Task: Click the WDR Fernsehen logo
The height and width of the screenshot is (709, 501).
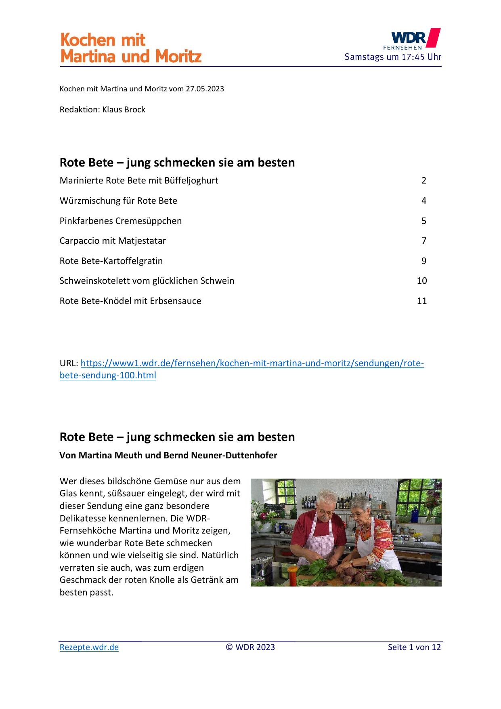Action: (411, 39)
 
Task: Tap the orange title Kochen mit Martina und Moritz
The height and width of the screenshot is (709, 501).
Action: (130, 48)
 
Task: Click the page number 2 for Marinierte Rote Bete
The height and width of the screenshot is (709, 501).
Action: (423, 181)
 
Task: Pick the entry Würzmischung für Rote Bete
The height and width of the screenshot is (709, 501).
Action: (118, 201)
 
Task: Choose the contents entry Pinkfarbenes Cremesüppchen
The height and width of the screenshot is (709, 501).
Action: (121, 221)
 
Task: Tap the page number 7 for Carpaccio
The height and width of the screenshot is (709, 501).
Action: (423, 241)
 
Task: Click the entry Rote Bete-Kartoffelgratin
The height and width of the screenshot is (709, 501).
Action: (111, 261)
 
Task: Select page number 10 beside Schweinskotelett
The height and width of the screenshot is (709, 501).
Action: (421, 281)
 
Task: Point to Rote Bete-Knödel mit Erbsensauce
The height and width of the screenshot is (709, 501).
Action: (130, 301)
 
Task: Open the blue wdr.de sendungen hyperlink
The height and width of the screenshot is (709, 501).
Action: (252, 363)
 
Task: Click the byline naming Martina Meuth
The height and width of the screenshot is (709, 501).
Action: (168, 455)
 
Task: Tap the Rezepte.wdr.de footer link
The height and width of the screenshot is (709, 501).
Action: (89, 647)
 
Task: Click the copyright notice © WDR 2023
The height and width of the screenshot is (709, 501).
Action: (250, 647)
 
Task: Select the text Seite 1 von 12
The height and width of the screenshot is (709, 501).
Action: (414, 647)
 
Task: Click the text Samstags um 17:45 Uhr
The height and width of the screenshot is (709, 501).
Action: (393, 57)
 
